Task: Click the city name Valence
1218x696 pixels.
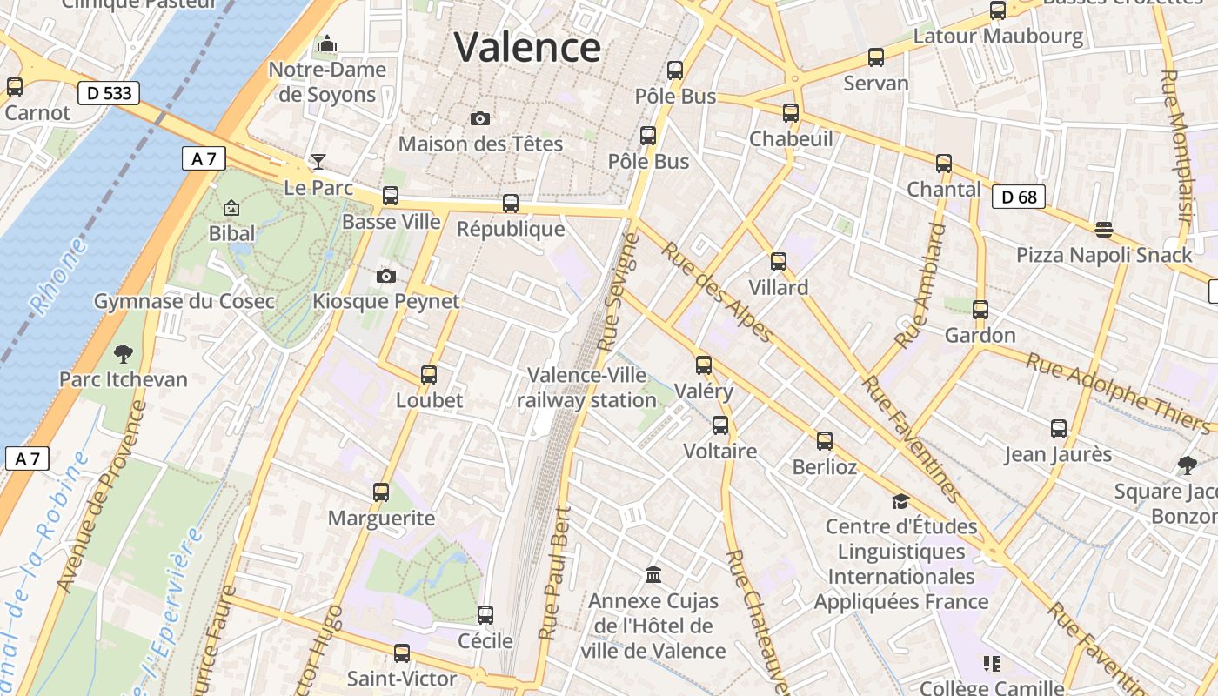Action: (527, 47)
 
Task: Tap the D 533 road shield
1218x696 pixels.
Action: (109, 92)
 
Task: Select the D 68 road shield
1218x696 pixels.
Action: (1019, 197)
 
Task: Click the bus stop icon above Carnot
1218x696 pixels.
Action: (15, 86)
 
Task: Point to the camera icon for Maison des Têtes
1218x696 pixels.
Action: (479, 118)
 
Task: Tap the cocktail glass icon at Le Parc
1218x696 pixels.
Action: (318, 161)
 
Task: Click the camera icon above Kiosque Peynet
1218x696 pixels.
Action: (386, 276)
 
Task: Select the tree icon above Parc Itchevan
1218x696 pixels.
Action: (124, 353)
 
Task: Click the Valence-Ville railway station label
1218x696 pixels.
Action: (587, 388)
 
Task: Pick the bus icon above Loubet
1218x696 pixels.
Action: (429, 375)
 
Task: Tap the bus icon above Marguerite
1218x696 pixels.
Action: (381, 492)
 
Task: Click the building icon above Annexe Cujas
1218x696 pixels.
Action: (653, 574)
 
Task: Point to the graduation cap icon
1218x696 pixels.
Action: (900, 501)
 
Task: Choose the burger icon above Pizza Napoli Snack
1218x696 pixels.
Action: (1104, 230)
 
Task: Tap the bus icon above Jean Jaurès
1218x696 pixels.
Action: (1058, 428)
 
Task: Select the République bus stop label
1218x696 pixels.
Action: (511, 230)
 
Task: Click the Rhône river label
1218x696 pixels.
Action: (59, 277)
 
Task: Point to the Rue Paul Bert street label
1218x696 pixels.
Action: (555, 574)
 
